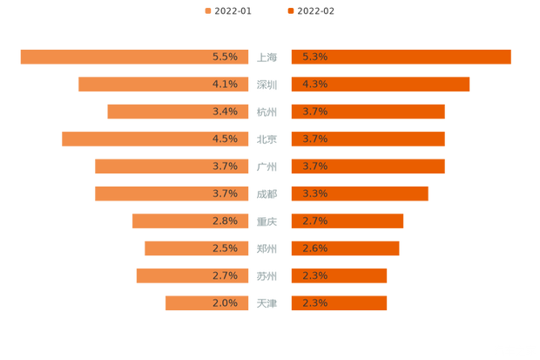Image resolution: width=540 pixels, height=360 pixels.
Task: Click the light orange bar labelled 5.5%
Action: click(x=131, y=57)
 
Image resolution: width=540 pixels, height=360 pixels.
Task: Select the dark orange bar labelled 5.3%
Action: click(x=401, y=57)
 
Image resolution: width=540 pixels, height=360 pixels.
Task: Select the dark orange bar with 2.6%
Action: click(x=345, y=248)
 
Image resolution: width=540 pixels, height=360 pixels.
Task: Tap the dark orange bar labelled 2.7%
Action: click(x=347, y=221)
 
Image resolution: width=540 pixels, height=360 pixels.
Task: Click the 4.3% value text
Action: click(x=314, y=85)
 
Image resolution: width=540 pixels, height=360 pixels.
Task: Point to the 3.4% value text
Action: click(x=225, y=112)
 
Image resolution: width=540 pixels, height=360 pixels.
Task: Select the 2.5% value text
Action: click(x=225, y=248)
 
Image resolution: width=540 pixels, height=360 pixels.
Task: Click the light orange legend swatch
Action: click(x=206, y=11)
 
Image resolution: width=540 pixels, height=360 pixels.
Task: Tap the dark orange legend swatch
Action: click(x=289, y=11)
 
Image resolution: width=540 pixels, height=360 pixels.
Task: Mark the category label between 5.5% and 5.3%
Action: click(x=268, y=58)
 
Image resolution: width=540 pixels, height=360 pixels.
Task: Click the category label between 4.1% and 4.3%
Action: click(x=268, y=85)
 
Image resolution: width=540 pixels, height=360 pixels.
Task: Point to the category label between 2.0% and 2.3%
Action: click(x=268, y=303)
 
